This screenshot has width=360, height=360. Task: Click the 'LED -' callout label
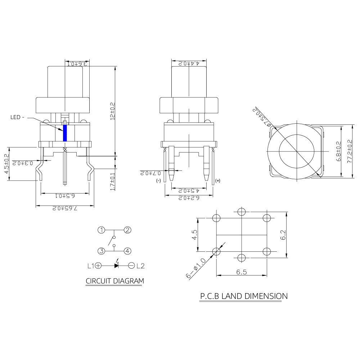[17, 117]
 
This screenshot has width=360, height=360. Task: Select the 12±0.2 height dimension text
[112, 111]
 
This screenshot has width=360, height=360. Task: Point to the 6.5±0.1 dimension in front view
[65, 196]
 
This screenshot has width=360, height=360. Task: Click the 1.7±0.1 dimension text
[112, 181]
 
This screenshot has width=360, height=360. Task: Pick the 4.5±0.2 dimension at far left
[6, 164]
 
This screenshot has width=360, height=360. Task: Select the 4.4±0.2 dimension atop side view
[189, 63]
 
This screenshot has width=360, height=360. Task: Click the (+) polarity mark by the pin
[217, 180]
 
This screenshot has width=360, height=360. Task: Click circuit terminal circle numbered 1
[102, 230]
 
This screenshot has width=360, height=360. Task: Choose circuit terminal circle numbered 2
[127, 230]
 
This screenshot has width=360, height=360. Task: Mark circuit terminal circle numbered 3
[102, 251]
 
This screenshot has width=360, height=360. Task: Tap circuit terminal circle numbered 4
[127, 251]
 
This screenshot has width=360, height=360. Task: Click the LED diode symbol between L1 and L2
[116, 266]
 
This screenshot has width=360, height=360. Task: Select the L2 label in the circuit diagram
[140, 266]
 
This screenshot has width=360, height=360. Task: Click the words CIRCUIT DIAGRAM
[114, 281]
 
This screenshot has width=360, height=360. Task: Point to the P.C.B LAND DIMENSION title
[244, 296]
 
